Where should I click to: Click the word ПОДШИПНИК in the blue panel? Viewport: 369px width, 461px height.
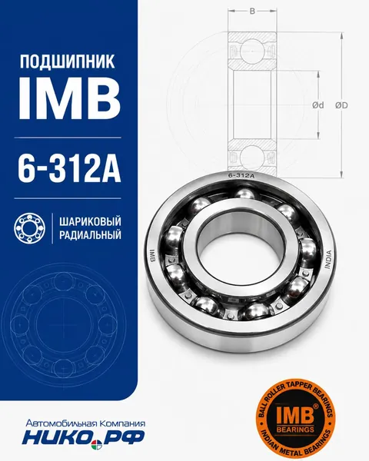point(67,61)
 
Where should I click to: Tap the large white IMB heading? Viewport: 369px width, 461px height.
point(69,99)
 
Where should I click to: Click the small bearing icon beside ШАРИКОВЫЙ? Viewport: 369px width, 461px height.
point(30,228)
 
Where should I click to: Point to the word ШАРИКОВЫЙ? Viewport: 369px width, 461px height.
point(90,221)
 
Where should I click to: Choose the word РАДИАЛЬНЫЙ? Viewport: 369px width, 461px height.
point(90,235)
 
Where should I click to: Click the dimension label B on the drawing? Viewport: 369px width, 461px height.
point(252,12)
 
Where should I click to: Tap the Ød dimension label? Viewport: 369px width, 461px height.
point(317,105)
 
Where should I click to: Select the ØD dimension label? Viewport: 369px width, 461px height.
point(341,105)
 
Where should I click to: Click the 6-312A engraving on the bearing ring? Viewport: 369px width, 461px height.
point(241,176)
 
